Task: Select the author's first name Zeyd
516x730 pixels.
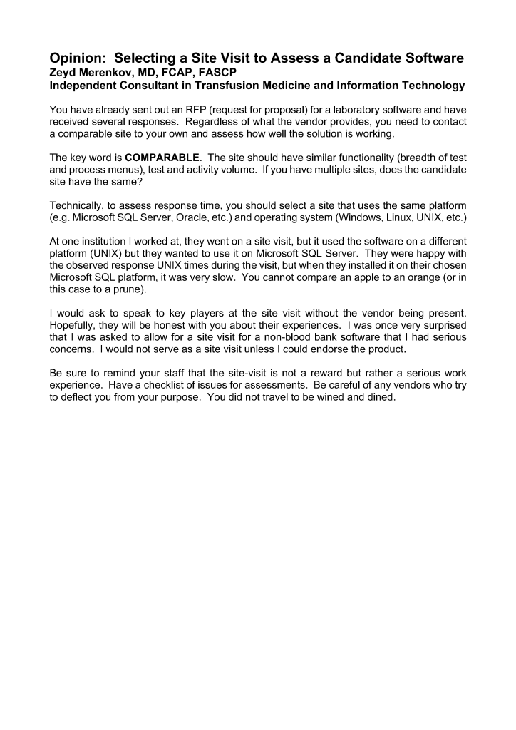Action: click(x=63, y=72)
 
